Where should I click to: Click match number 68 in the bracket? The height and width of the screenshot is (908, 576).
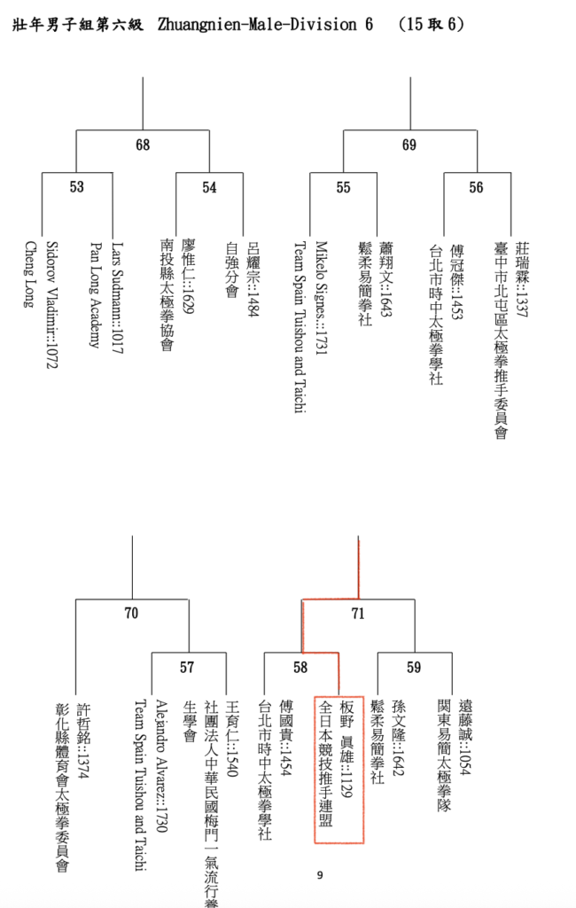[143, 145]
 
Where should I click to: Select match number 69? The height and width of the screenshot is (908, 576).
[409, 145]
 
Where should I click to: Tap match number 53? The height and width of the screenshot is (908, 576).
[77, 187]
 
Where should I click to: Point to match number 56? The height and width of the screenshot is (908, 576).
[476, 187]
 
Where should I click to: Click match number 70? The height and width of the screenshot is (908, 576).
[132, 614]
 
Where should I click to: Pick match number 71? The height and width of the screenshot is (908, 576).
[358, 614]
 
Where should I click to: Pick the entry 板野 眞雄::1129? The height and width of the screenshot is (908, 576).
[346, 749]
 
